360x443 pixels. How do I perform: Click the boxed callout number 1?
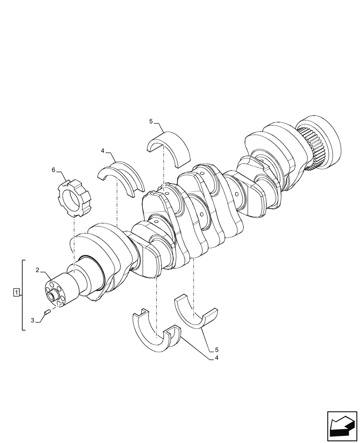[16, 292]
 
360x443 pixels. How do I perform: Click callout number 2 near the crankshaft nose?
[38, 270]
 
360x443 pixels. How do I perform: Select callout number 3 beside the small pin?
[32, 319]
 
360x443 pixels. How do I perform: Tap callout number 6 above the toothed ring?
[54, 170]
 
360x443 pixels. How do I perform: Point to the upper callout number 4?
[102, 151]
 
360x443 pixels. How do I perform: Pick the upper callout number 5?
[151, 121]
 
